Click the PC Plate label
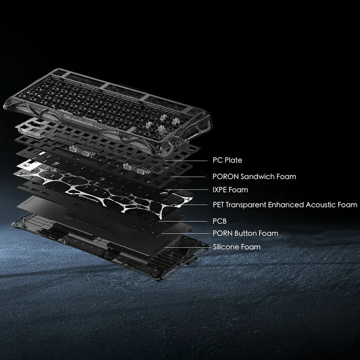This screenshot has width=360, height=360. tap(227, 160)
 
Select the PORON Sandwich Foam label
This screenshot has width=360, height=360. tap(254, 176)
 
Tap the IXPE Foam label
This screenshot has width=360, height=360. tap(230, 190)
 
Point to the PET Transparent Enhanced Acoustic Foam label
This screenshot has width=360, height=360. tap(285, 204)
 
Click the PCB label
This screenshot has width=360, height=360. tap(220, 221)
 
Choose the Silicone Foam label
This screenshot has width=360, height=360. tap(237, 247)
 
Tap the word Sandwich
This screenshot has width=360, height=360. tap(257, 176)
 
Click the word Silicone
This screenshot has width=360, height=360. tap(226, 247)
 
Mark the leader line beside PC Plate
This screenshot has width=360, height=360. tap(186, 161)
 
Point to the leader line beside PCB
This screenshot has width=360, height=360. tap(183, 221)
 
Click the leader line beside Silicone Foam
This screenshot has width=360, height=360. tap(187, 247)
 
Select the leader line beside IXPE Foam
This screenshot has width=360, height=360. tap(186, 190)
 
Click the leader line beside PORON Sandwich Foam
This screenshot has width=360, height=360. tap(187, 177)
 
